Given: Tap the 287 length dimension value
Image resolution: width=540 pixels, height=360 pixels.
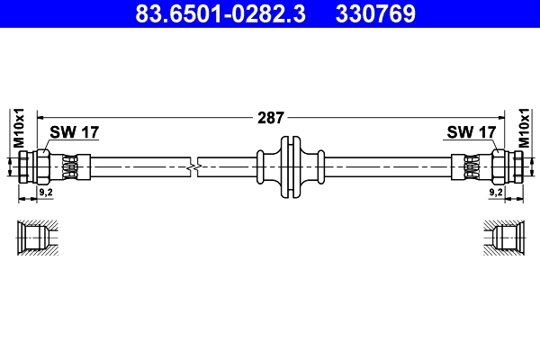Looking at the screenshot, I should [270, 117].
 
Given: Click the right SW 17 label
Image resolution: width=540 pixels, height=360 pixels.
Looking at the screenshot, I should [472, 133].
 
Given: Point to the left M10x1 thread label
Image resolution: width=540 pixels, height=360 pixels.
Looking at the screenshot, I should [17, 128].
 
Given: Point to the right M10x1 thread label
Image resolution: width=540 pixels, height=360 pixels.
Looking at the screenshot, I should [524, 128].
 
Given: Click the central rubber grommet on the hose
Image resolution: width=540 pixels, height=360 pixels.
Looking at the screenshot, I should [289, 166].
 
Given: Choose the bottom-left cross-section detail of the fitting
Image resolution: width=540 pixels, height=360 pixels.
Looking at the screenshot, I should [37, 238].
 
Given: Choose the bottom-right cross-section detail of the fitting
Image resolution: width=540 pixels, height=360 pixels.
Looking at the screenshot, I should [503, 238].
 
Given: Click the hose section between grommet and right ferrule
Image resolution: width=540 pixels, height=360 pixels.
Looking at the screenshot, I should [387, 166].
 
